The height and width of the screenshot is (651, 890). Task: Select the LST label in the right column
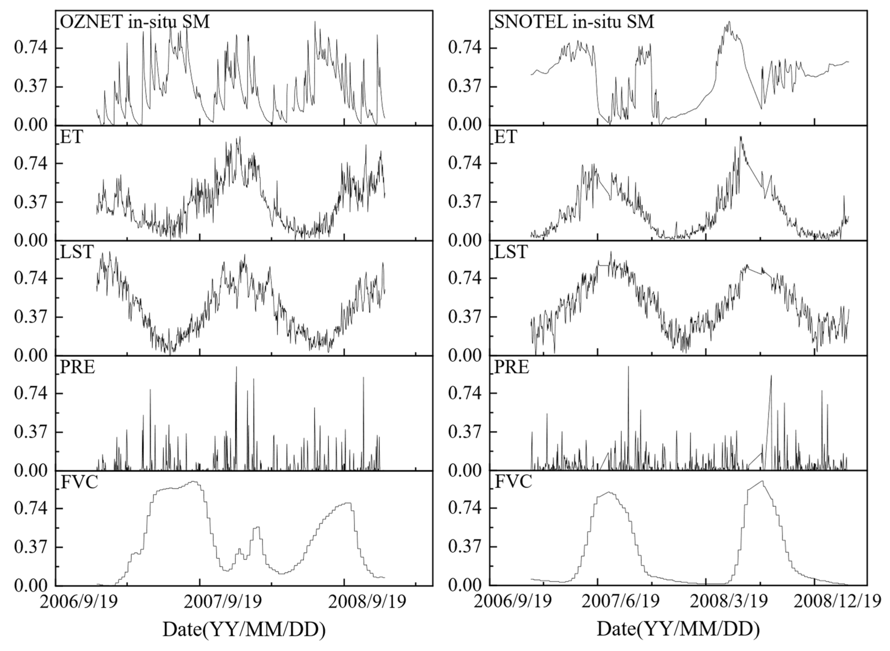point(511,252)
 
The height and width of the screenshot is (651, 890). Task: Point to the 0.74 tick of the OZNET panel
point(30,48)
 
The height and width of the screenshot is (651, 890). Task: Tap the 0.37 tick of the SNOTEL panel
point(465,87)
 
